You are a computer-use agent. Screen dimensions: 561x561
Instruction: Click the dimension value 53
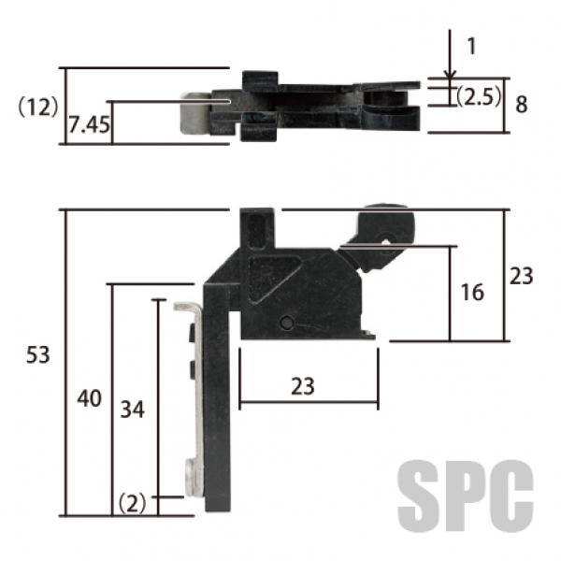(x=38, y=355)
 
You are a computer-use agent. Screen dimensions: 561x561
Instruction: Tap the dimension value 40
(x=90, y=398)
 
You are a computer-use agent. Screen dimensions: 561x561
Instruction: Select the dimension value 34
(x=133, y=410)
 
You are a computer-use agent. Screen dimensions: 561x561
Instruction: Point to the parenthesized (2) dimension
(x=133, y=503)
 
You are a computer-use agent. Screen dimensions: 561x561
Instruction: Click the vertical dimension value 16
(x=472, y=293)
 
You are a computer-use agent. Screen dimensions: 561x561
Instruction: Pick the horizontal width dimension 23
(x=303, y=386)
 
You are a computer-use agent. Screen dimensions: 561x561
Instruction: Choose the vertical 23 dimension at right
(x=522, y=276)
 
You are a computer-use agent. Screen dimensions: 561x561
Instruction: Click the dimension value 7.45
(x=89, y=125)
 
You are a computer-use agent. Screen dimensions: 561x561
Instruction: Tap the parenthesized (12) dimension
(x=38, y=107)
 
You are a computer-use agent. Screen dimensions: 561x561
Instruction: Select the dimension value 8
(x=522, y=105)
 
